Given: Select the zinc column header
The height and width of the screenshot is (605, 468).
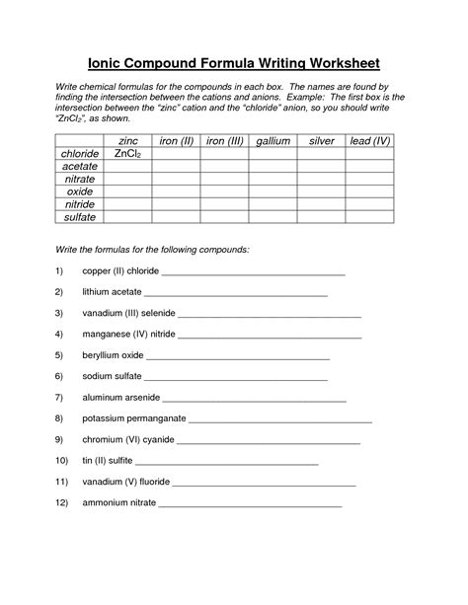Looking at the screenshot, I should [x=128, y=141].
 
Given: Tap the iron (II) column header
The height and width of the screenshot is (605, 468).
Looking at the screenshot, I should [x=176, y=141].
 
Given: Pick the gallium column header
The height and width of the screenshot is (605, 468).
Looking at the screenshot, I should [x=273, y=141].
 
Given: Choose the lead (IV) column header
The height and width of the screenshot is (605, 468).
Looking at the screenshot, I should [x=370, y=141].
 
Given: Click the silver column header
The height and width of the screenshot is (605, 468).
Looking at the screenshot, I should [x=322, y=141].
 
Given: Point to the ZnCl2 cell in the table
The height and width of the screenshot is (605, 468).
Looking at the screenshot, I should [x=128, y=154].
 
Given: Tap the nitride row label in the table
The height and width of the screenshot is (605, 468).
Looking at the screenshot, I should [x=80, y=202].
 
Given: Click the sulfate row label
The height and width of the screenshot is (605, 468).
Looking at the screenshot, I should [x=80, y=214].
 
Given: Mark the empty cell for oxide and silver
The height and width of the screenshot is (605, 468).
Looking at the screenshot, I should [x=322, y=190].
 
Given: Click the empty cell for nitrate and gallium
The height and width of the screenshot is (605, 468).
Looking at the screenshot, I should [x=273, y=179].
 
